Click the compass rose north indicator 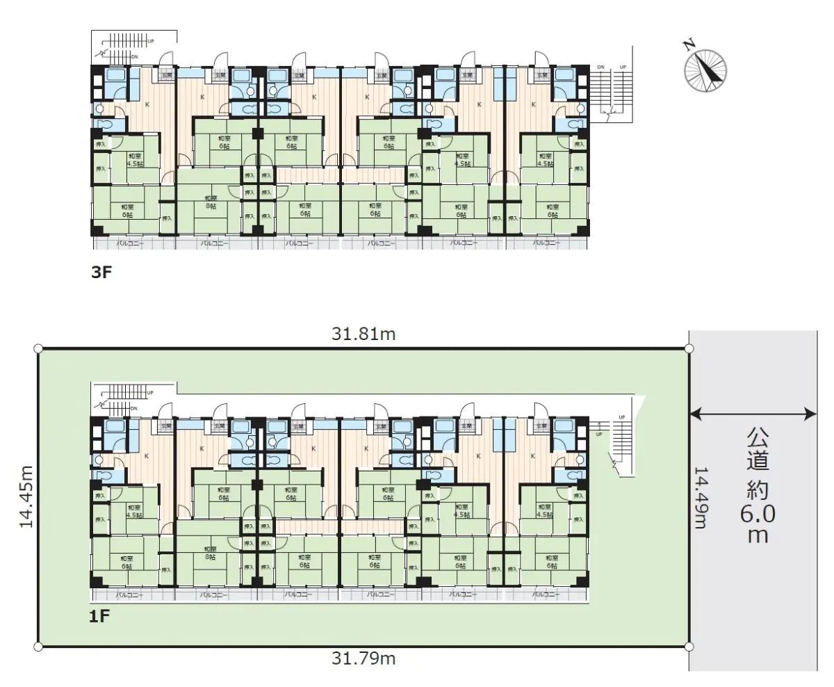coord(705,67)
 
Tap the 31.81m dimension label coord(363,334)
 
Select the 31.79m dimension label coord(363,658)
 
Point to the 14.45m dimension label coord(26,497)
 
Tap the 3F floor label coord(101,273)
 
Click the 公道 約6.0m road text coord(758,487)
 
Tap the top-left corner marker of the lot coord(38,349)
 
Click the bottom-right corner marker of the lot coord(688,646)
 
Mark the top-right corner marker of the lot coord(688,349)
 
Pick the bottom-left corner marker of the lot coord(38,646)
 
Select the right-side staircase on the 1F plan coord(621,445)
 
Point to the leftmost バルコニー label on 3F coord(129,244)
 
